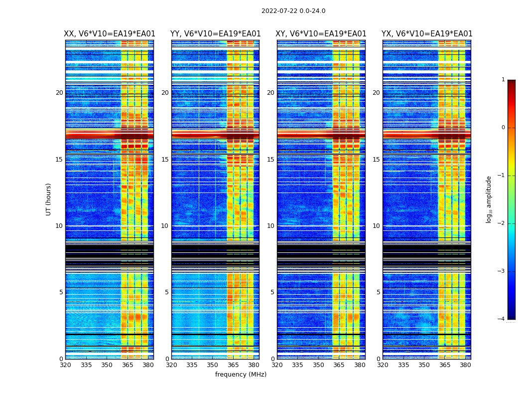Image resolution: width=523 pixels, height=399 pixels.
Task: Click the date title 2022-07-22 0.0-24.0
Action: click(293, 11)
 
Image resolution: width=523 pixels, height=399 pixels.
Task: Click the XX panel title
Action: click(110, 34)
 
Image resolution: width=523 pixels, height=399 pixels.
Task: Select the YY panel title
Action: click(215, 34)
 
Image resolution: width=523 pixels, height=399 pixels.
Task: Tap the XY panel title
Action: click(321, 34)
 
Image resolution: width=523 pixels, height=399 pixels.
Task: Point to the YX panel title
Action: click(427, 34)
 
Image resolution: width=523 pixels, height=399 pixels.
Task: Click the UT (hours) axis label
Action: click(49, 199)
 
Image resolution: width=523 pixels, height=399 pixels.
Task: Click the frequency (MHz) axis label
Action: click(241, 375)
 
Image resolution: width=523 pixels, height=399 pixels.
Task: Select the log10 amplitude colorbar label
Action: click(489, 199)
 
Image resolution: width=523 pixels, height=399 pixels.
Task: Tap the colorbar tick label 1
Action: click(503, 80)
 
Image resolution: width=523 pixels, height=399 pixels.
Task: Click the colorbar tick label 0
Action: click(503, 128)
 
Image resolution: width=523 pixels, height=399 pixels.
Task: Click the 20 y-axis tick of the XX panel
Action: click(59, 93)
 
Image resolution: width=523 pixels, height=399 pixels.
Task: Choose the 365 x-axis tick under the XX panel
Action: click(128, 365)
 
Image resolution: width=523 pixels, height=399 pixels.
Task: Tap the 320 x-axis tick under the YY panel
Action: click(171, 365)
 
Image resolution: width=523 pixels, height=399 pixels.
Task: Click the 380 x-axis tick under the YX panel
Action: click(465, 365)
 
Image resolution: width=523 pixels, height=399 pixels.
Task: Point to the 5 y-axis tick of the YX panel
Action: click(378, 292)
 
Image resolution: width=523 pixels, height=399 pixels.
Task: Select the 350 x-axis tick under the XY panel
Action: click(318, 365)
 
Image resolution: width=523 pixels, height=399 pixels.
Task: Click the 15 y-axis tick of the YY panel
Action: click(164, 160)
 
